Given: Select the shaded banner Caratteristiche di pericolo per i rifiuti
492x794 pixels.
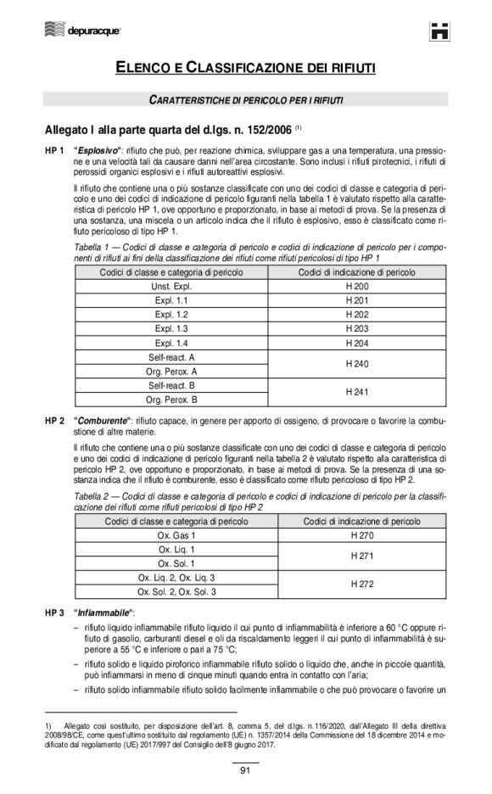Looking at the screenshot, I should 246,100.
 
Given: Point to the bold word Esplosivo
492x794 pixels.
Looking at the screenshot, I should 97,151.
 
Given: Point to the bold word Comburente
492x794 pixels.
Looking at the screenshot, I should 102,421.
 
